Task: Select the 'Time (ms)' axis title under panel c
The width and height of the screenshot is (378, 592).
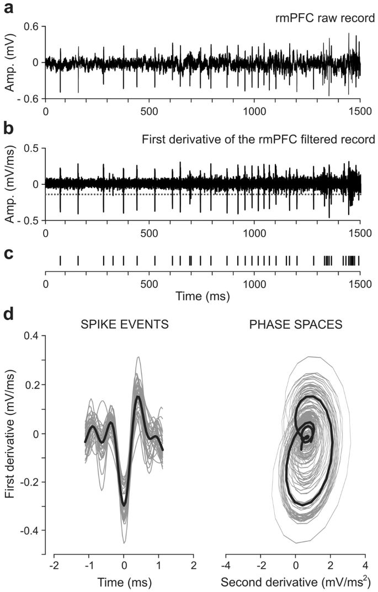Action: [202, 296]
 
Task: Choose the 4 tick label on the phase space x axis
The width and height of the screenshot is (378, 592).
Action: [365, 566]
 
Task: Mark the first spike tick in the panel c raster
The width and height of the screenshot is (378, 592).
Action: [60, 260]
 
